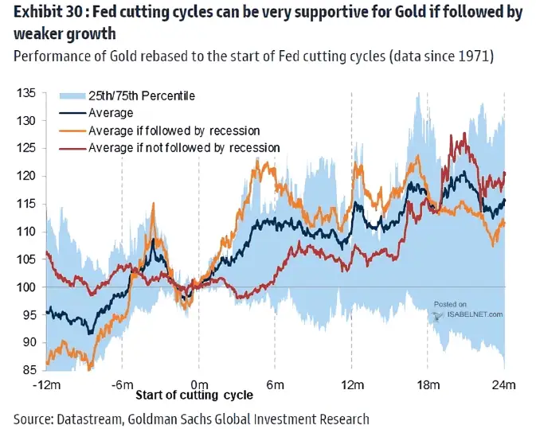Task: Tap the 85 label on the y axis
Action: [x=29, y=370]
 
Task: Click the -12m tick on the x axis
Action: [x=46, y=386]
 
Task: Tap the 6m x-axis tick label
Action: [x=276, y=386]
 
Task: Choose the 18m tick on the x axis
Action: [x=428, y=386]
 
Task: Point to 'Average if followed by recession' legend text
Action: [x=174, y=130]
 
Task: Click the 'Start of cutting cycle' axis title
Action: [x=194, y=396]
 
